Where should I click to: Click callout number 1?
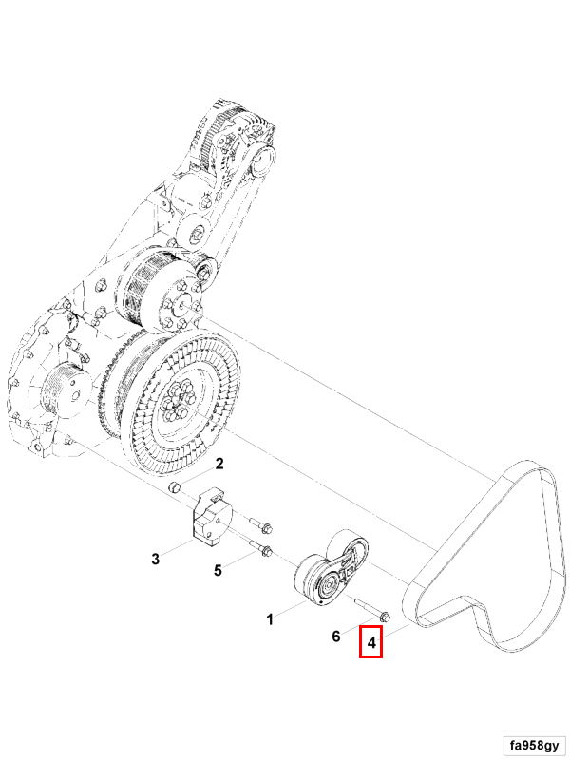point(270,619)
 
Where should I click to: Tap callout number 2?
point(219,464)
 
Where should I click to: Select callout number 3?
point(155,559)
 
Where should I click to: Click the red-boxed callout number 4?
point(371,643)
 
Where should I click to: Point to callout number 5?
point(218,571)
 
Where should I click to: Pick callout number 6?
point(336,636)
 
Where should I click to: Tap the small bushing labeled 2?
point(175,486)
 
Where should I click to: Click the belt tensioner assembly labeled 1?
point(332,567)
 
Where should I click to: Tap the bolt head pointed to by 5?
point(266,551)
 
